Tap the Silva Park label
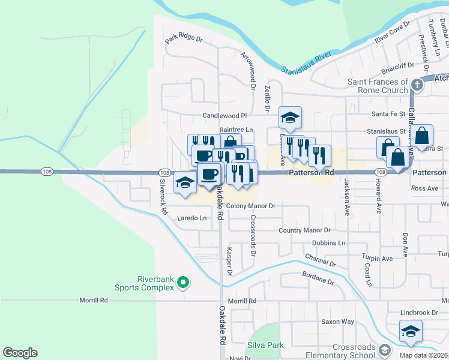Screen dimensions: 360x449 265,346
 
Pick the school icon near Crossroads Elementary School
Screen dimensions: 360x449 411,331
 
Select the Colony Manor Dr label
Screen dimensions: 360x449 251,206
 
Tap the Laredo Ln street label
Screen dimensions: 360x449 191,218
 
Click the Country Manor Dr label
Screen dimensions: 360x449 305,230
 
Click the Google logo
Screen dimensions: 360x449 20,353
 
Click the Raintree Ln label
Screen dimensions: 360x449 237,130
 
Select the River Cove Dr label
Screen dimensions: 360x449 392,32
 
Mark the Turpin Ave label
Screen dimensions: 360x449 377,259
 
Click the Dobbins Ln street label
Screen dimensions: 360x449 328,243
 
